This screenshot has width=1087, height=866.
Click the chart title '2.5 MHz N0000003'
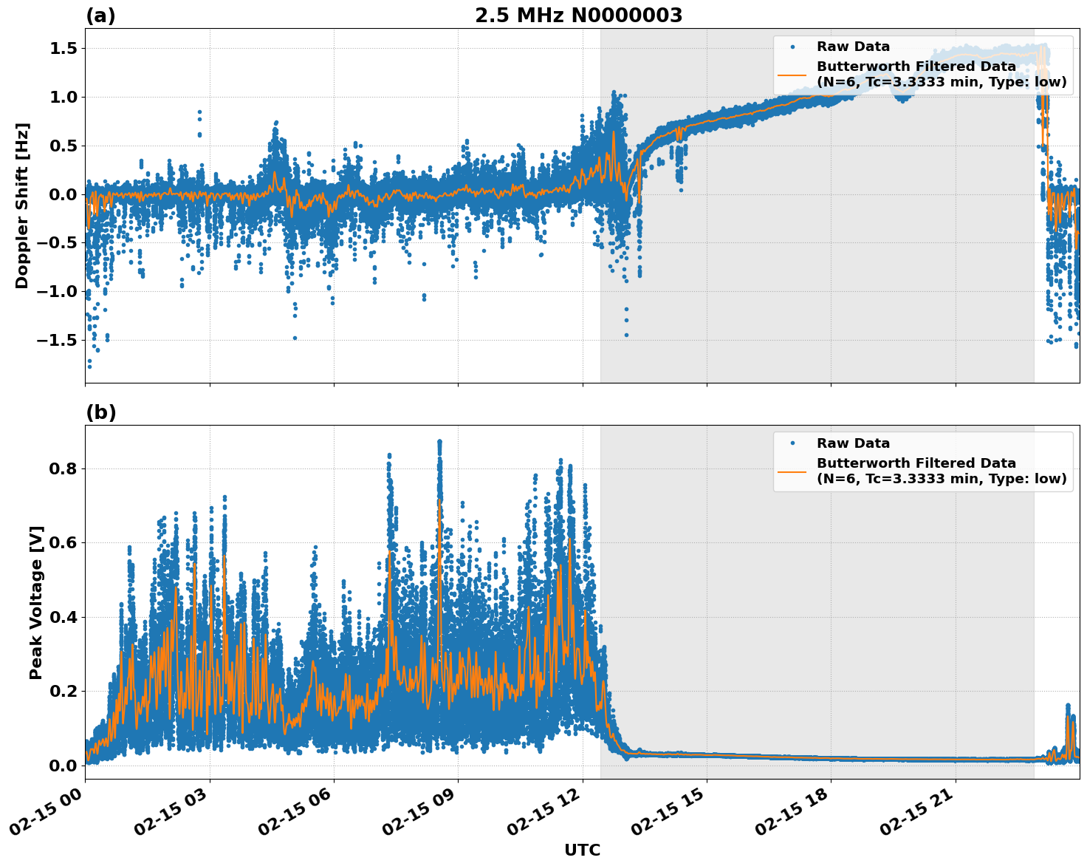click(x=578, y=16)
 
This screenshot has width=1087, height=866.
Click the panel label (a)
click(x=100, y=16)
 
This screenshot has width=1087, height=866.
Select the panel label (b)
click(x=100, y=412)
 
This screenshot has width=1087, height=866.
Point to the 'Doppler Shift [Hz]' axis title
click(x=22, y=205)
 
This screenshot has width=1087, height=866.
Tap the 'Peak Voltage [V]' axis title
click(x=36, y=602)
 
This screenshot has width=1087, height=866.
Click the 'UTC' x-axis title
click(x=582, y=850)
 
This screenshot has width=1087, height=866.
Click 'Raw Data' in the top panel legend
click(x=853, y=47)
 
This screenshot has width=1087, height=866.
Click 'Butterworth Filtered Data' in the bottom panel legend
click(x=916, y=463)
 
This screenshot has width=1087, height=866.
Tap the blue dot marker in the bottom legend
click(x=792, y=443)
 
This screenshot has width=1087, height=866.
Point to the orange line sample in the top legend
click(x=792, y=74)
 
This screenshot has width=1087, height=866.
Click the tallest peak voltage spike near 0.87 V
click(x=439, y=443)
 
